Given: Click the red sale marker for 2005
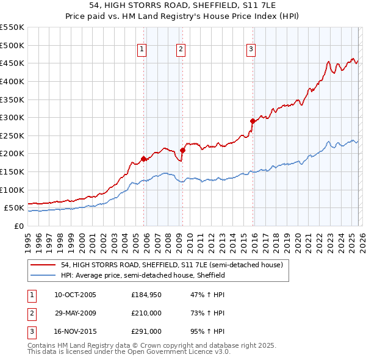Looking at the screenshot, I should [144, 159].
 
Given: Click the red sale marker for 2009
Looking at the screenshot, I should [183, 150].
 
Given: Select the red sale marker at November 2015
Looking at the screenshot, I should [253, 121].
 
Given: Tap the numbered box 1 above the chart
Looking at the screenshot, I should [142, 50].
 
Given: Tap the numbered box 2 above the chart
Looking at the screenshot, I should [181, 50].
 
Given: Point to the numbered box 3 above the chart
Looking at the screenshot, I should [251, 50].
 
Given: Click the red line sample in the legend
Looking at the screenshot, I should [44, 265].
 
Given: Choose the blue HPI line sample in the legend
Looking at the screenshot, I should [44, 276].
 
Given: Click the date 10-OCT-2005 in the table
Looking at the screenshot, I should [75, 295].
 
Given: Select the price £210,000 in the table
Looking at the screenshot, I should [146, 314].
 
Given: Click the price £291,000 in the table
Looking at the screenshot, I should [146, 332].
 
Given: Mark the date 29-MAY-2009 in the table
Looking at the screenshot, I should [75, 314].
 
